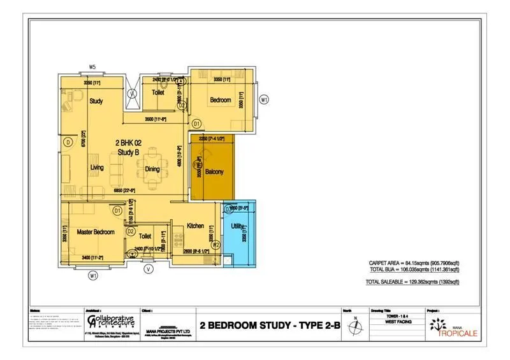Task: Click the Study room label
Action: point(96,101)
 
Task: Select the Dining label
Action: point(152,169)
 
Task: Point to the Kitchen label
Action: point(194,226)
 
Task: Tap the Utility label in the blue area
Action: point(238,227)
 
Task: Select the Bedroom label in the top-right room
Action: point(221,100)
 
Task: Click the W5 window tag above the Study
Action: point(92,67)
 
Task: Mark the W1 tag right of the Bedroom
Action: point(264,99)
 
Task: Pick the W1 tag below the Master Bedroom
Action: point(93,275)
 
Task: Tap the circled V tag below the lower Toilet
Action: point(149,268)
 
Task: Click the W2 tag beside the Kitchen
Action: point(215,244)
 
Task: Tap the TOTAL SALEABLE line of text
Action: point(412,281)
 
